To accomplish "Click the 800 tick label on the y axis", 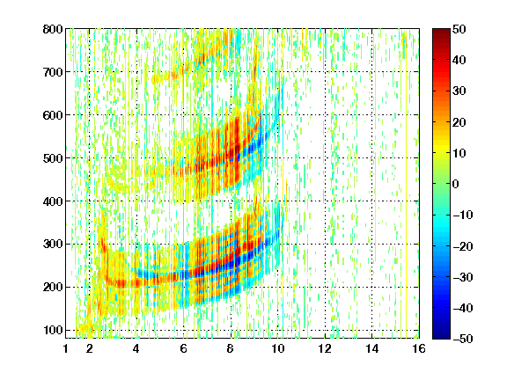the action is point(53,29).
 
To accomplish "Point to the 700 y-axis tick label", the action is point(53,72).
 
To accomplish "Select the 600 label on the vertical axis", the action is point(53,115).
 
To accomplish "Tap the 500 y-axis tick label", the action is point(53,158).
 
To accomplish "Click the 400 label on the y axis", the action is point(53,201).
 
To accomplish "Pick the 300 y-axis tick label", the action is point(53,245).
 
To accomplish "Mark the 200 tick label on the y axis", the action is point(53,288).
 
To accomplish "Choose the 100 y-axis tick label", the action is point(53,330).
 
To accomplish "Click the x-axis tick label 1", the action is point(66,348).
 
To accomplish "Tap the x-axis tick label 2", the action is point(90,348).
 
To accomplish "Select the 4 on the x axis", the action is point(136,348).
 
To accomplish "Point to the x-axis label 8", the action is point(231,348).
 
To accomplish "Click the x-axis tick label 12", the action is point(325,348).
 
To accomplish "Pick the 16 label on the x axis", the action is point(419,348).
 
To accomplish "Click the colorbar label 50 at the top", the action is point(459,29).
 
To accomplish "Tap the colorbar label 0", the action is point(456,184).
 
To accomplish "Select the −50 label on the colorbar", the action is point(463,339).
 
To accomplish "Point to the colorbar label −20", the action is point(463,246).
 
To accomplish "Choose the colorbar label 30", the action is point(459,91).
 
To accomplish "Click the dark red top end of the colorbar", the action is point(441,31).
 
